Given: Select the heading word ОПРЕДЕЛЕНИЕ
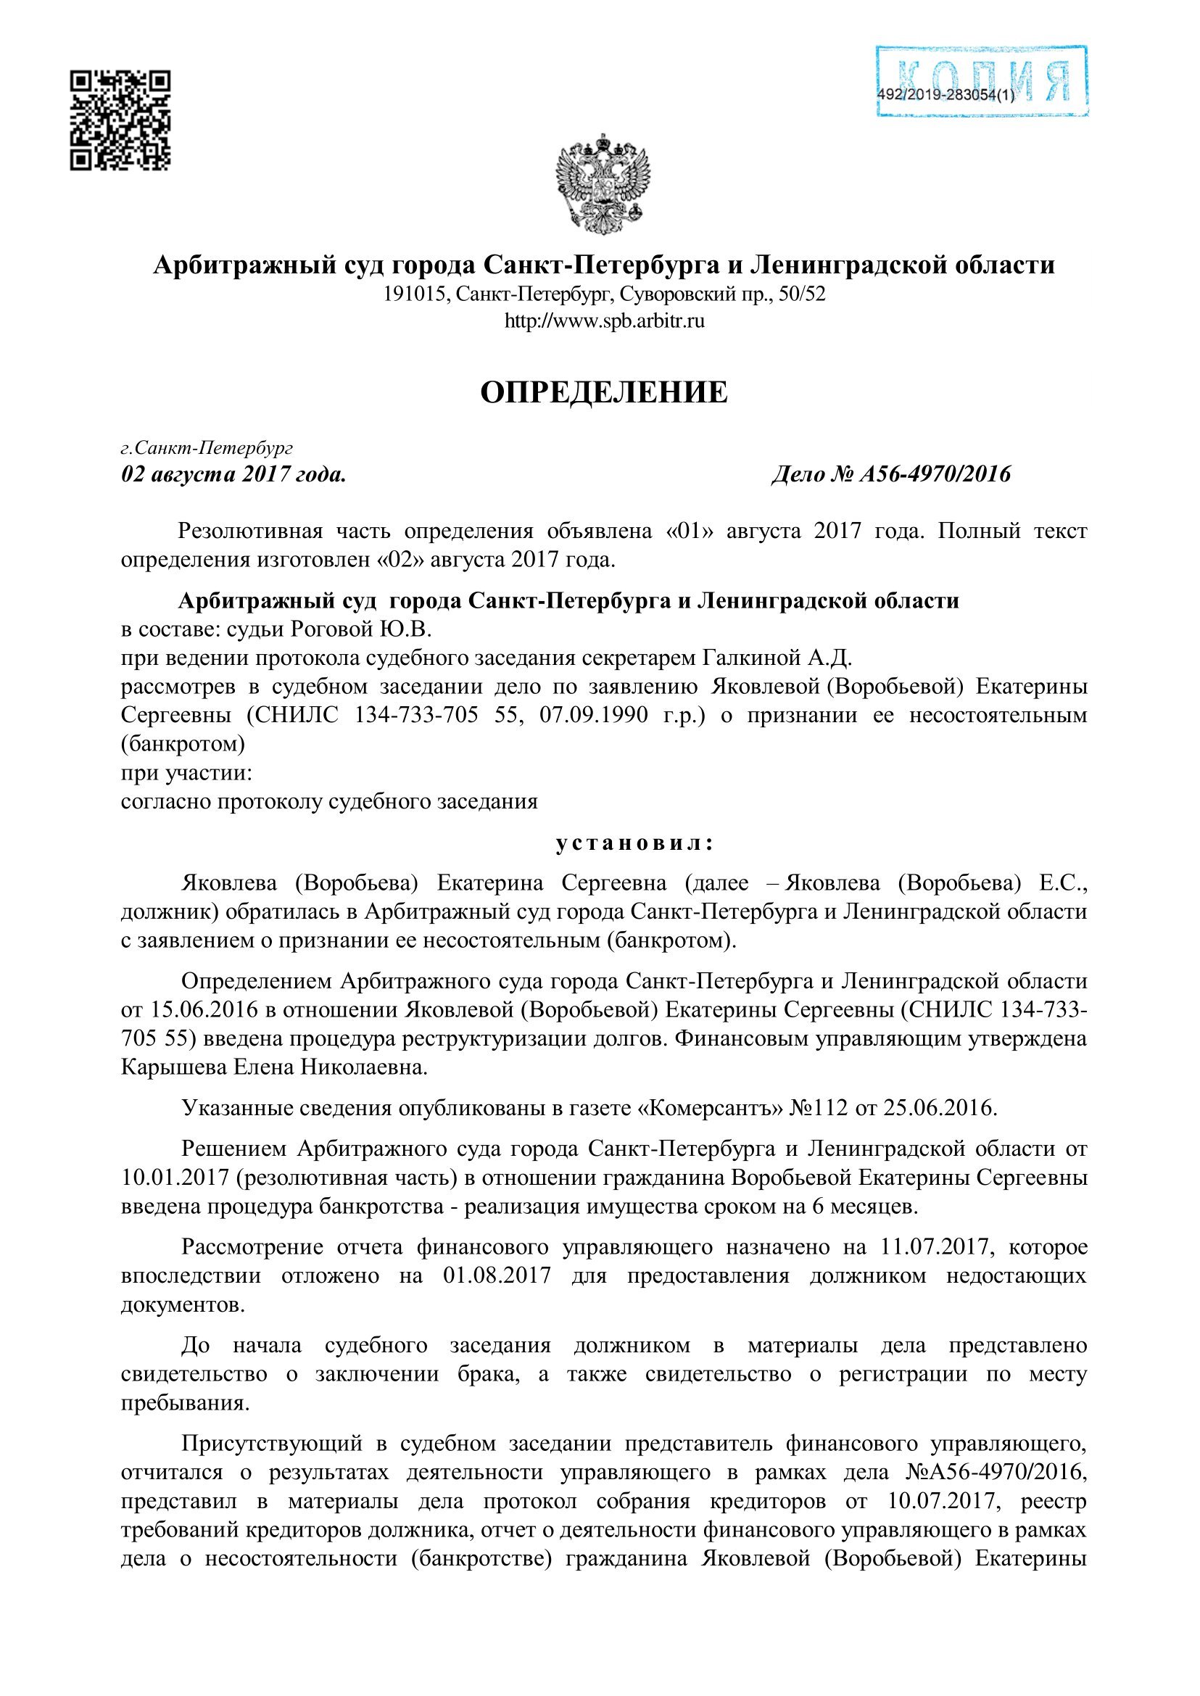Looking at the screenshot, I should (604, 392).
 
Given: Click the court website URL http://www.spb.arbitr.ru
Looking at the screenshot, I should (604, 321).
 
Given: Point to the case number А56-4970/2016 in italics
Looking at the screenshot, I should (935, 473).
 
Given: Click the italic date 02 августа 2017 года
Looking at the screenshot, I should (233, 473).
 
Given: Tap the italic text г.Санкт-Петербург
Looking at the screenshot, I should (207, 448).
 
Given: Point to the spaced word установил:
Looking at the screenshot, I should (634, 843).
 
